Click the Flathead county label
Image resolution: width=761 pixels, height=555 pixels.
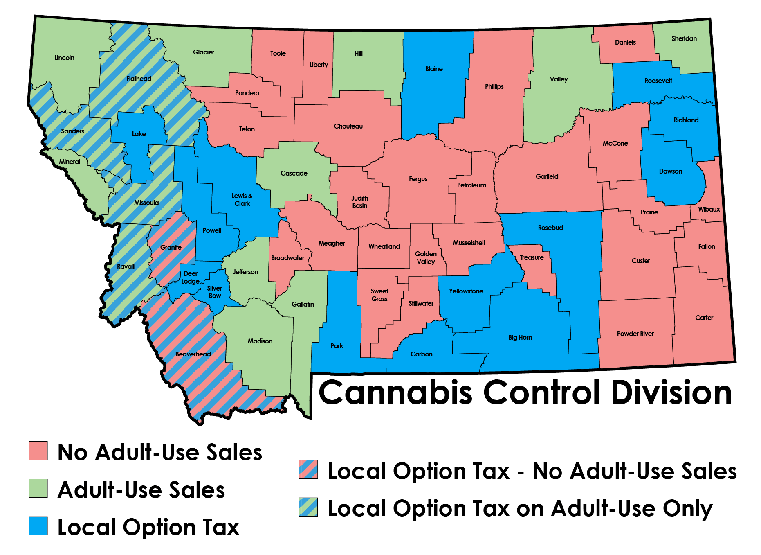tap(139, 79)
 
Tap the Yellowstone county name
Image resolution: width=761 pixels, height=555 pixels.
tap(466, 291)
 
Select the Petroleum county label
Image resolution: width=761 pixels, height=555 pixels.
tap(471, 185)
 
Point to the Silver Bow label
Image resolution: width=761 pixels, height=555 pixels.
tap(215, 292)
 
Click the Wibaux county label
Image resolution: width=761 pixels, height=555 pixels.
tap(709, 209)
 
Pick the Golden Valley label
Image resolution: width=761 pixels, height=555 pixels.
tap(426, 257)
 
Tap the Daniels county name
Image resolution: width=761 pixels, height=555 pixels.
tap(625, 42)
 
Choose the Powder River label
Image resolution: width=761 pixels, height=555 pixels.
tap(635, 334)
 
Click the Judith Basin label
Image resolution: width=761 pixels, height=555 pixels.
tap(360, 202)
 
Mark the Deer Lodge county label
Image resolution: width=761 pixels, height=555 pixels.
tap(191, 277)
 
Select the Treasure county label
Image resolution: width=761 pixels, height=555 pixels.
tap(531, 257)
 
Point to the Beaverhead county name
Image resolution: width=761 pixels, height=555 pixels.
tap(193, 354)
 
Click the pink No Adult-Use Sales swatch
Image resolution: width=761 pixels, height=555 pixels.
tap(38, 451)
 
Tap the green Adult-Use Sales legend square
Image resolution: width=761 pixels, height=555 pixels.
tap(38, 488)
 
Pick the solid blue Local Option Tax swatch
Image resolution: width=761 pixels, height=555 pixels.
tap(38, 526)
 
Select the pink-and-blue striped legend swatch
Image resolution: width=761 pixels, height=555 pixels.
tap(308, 469)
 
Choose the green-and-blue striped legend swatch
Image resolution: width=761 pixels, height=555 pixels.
tap(308, 507)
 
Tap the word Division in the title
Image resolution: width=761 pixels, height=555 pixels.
tap(671, 393)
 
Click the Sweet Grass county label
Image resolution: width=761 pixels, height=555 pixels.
tap(379, 295)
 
